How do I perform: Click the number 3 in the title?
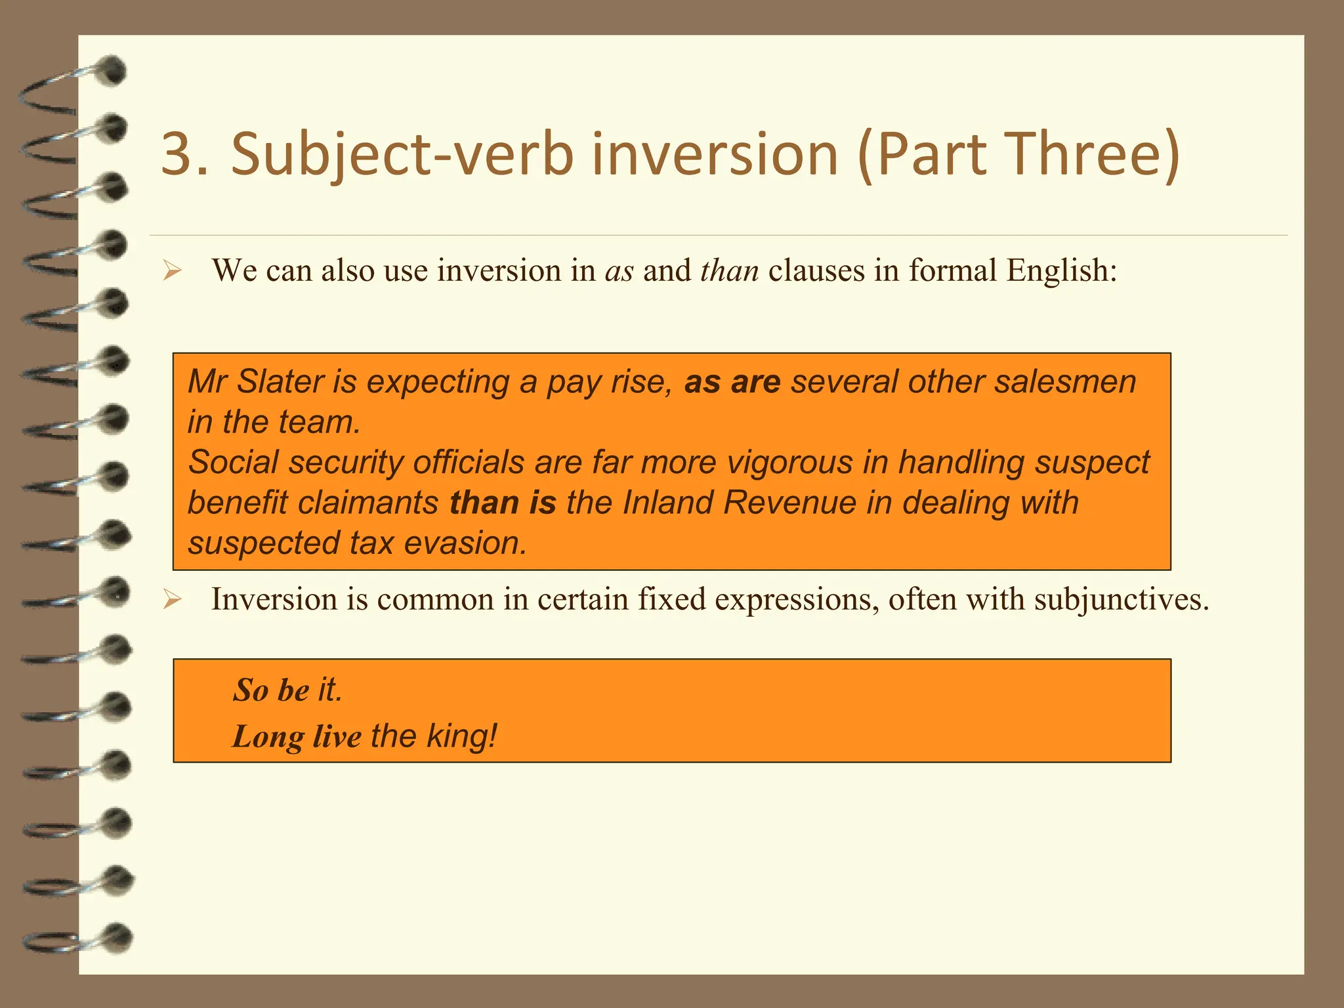(175, 154)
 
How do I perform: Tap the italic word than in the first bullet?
(729, 271)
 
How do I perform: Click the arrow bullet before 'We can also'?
(172, 270)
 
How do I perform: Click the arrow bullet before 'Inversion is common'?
(172, 599)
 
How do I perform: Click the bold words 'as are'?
(732, 382)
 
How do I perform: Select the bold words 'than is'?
(503, 503)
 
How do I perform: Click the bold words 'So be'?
(271, 690)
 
